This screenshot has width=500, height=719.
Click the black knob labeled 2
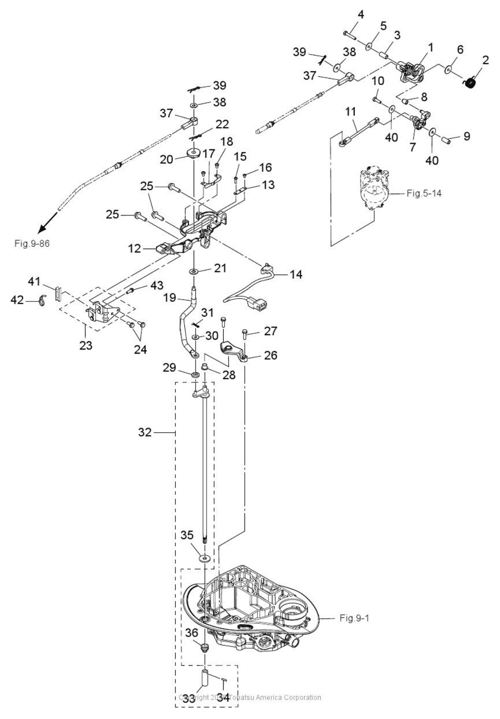[470, 83]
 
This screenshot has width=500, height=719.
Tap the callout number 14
[296, 274]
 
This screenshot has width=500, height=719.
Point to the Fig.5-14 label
[424, 193]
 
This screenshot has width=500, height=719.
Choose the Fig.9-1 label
[354, 618]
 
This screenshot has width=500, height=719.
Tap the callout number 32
[145, 432]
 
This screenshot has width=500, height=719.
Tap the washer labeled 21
[193, 270]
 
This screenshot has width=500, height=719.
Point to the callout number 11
[350, 112]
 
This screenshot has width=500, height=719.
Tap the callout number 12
[134, 248]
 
